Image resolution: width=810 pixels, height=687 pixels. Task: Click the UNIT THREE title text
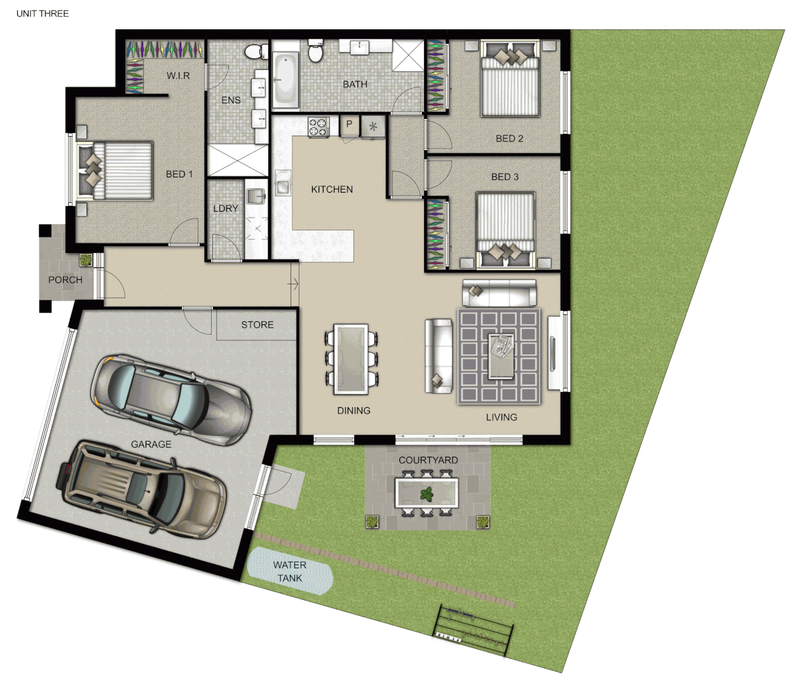click(x=42, y=13)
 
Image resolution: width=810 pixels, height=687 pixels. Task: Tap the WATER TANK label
click(x=290, y=571)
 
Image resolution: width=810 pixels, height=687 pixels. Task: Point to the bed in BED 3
click(x=506, y=228)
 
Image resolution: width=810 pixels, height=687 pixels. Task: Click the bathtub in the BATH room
click(x=285, y=79)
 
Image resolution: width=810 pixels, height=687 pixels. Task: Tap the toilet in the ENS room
click(x=256, y=52)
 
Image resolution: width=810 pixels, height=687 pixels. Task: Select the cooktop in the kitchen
click(x=318, y=127)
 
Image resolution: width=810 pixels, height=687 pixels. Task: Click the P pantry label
click(x=349, y=125)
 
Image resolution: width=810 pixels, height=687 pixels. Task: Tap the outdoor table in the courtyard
click(x=427, y=493)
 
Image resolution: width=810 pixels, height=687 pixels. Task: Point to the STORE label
click(x=257, y=324)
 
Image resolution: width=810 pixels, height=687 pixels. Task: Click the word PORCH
click(x=65, y=280)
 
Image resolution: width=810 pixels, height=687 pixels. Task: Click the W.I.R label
click(x=178, y=76)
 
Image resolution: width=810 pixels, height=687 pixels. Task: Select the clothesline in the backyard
click(x=474, y=628)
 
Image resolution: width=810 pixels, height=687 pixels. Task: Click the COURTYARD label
click(x=428, y=460)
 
